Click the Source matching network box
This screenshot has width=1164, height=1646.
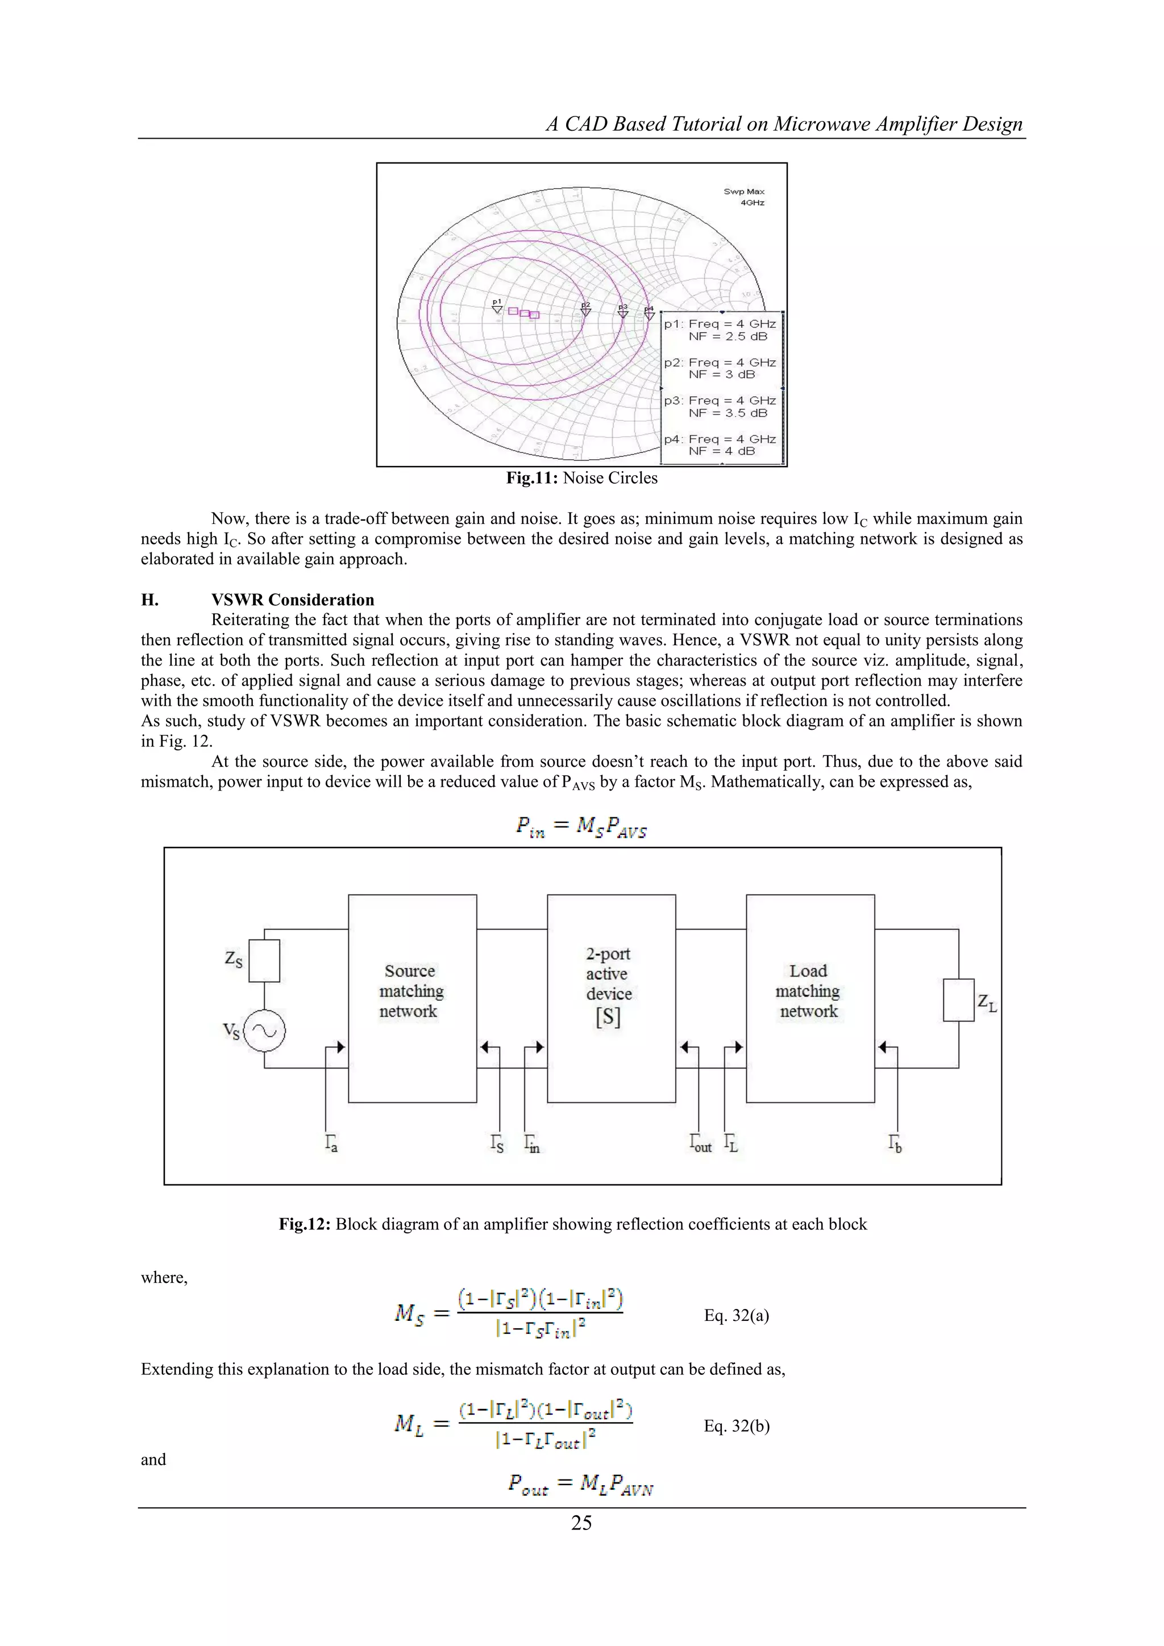pyautogui.click(x=412, y=998)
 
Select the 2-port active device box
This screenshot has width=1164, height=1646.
pyautogui.click(x=610, y=998)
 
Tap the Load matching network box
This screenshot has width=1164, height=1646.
pyautogui.click(x=810, y=998)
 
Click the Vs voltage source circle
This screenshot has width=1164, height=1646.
pyautogui.click(x=264, y=1032)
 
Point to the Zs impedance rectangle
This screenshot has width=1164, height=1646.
pyautogui.click(x=264, y=961)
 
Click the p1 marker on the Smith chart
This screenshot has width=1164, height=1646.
pyautogui.click(x=497, y=307)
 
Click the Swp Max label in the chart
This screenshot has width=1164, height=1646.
pyautogui.click(x=744, y=192)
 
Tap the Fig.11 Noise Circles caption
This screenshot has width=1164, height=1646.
pyautogui.click(x=581, y=478)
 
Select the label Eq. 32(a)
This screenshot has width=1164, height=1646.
pyautogui.click(x=736, y=1315)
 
